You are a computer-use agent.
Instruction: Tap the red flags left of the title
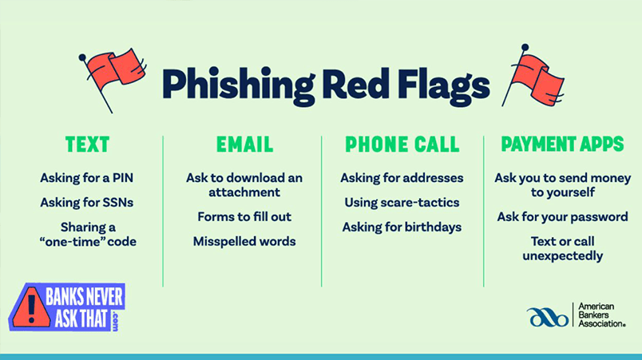(x=112, y=73)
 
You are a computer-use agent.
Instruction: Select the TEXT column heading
(x=87, y=144)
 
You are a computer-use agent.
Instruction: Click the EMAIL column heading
(x=244, y=144)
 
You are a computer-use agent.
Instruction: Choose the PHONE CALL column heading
(x=402, y=144)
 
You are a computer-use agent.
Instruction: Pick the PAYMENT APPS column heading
(x=562, y=144)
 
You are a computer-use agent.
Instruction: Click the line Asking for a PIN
(x=87, y=177)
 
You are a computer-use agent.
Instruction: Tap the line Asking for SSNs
(x=87, y=202)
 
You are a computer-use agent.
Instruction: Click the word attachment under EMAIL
(x=244, y=192)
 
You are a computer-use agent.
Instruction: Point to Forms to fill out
(x=244, y=217)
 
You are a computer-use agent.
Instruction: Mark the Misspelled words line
(x=244, y=241)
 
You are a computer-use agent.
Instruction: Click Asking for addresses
(x=402, y=177)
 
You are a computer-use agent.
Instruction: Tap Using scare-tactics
(x=402, y=202)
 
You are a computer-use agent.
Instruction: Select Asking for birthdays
(x=402, y=227)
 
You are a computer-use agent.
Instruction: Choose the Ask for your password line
(x=562, y=217)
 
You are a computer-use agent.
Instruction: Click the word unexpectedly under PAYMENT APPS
(x=562, y=256)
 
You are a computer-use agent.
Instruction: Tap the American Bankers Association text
(x=600, y=315)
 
